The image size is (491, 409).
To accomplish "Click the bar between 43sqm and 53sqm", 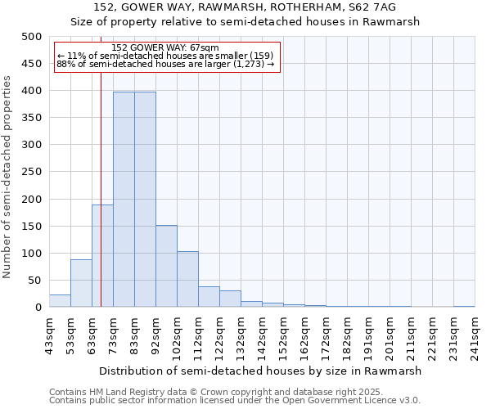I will (x=60, y=300).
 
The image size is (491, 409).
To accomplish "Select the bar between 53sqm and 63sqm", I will (x=81, y=283).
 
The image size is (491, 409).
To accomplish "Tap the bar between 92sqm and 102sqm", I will (x=166, y=266).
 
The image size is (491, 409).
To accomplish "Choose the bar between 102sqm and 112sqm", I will (x=187, y=279).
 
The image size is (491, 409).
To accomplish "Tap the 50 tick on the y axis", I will (x=35, y=281).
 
